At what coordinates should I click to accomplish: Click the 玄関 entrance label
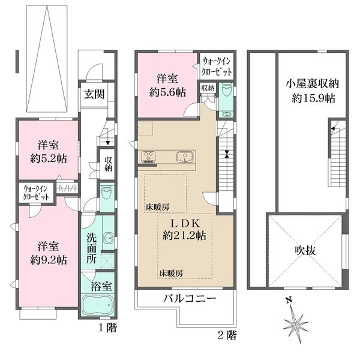click(94, 94)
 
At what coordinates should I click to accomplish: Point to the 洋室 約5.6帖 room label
click(167, 85)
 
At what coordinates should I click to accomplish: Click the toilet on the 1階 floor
click(106, 193)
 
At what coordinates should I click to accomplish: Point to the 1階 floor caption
click(107, 329)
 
